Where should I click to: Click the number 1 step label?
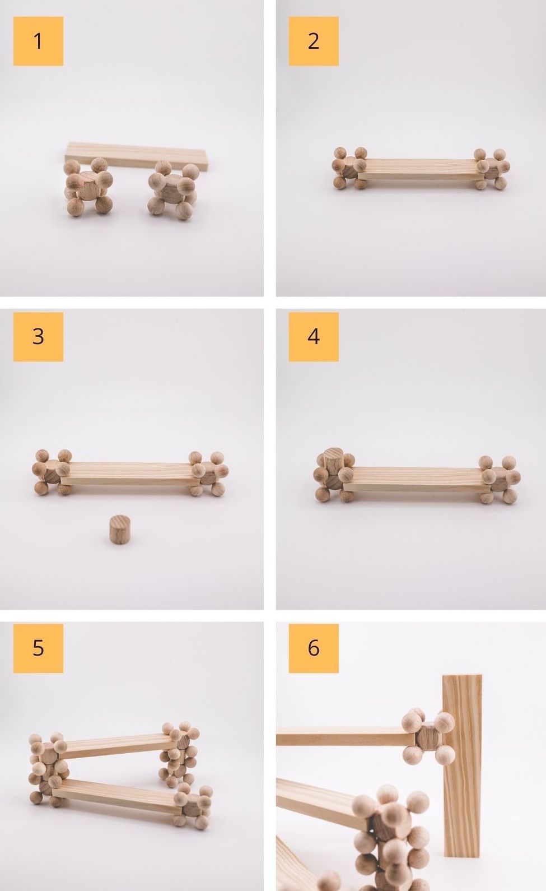point(38,41)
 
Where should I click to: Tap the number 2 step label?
point(314,41)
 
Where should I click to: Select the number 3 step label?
point(38,337)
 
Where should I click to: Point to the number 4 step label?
point(314,337)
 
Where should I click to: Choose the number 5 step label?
point(38,648)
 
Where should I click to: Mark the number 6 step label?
point(314,648)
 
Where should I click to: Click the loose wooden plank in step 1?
point(137,156)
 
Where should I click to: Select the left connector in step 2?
point(350,168)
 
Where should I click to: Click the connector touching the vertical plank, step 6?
point(429,737)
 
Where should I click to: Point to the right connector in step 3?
point(208,474)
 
